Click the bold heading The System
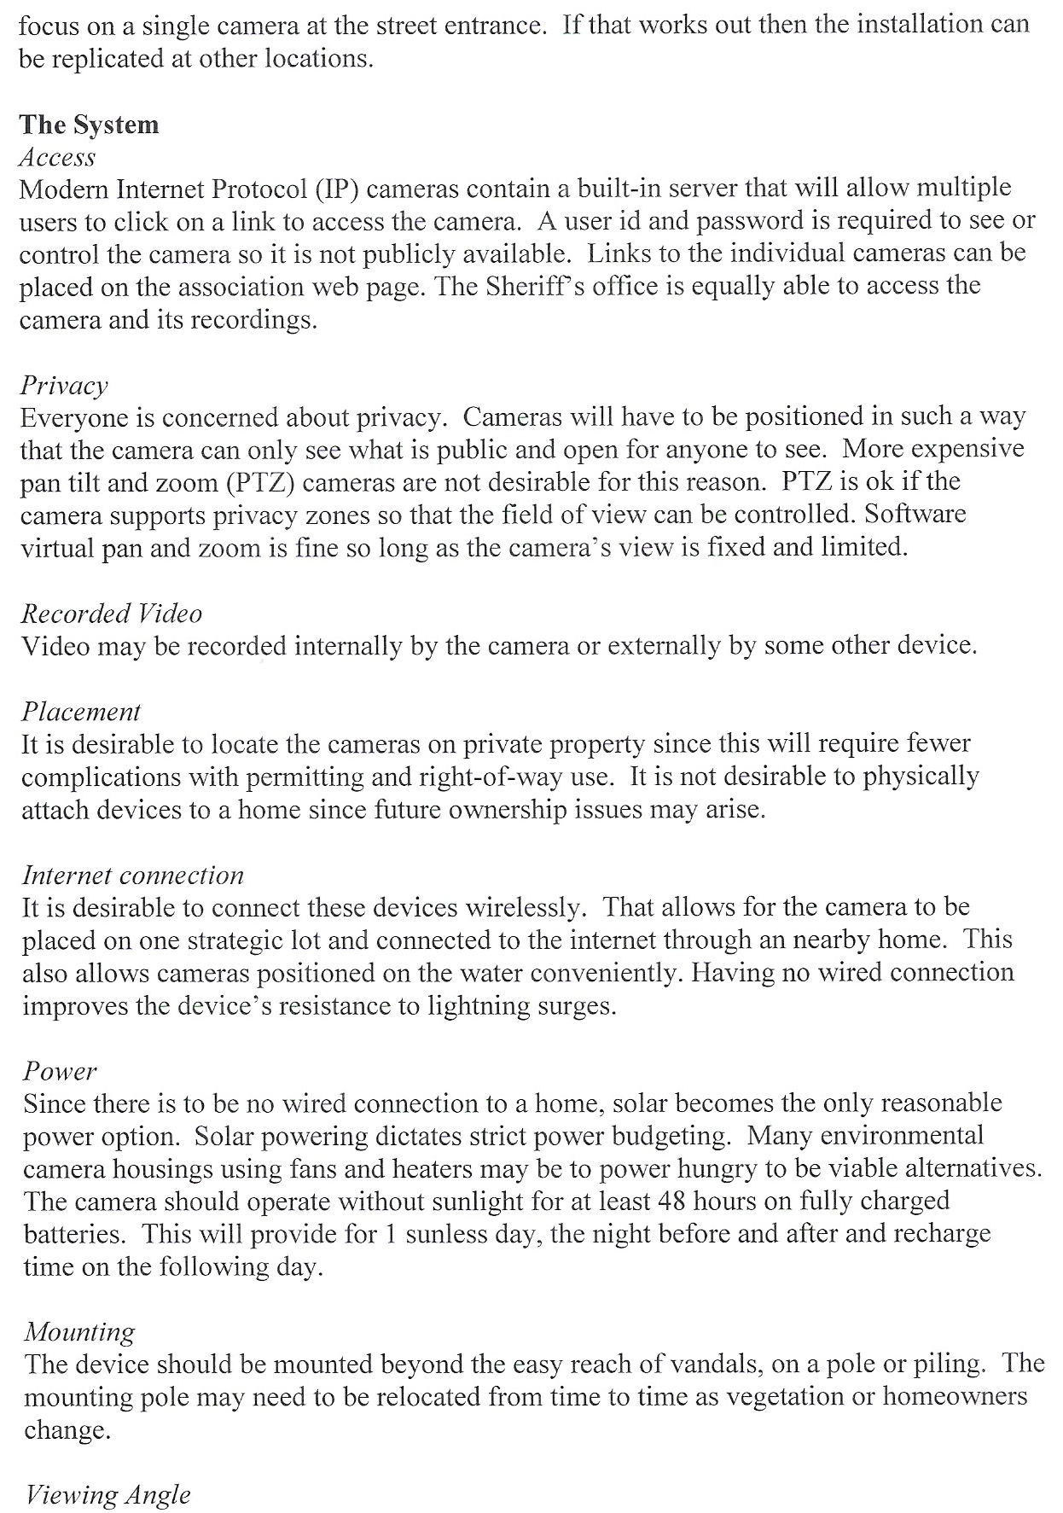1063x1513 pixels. [x=89, y=125]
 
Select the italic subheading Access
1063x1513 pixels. [x=57, y=157]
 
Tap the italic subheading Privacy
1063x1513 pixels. [x=64, y=386]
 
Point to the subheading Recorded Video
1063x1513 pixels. [x=111, y=614]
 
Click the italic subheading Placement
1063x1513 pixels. [x=81, y=712]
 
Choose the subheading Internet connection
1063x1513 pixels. [x=132, y=876]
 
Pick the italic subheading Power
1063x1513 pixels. [x=60, y=1071]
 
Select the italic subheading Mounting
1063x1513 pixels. [x=79, y=1332]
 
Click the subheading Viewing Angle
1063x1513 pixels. [x=107, y=1495]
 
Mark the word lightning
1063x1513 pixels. [x=472, y=1007]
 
